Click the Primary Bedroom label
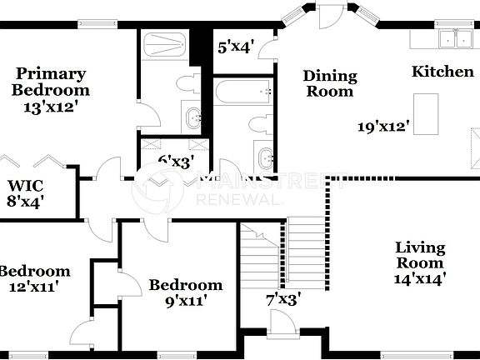coord(50,82)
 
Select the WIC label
coord(25,185)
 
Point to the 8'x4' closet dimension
coord(25,200)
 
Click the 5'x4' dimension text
coord(235,47)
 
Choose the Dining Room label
coord(329,83)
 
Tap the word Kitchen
coord(442,72)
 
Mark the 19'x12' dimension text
coord(385,127)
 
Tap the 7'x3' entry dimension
coord(283,297)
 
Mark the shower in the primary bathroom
coord(166,43)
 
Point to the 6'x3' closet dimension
coord(176,159)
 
